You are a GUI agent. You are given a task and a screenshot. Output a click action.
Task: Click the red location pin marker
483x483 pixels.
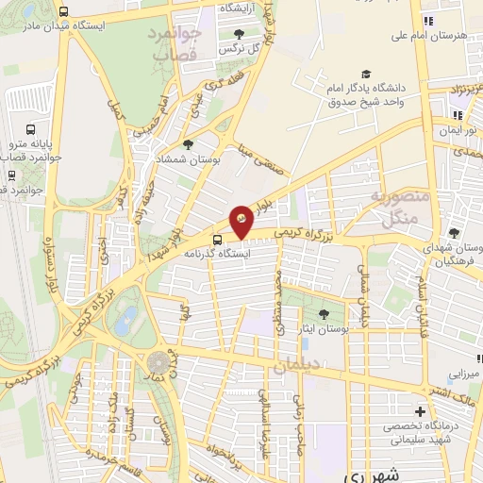tap(241, 221)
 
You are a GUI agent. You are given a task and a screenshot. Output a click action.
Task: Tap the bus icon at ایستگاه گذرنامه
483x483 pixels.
tap(219, 239)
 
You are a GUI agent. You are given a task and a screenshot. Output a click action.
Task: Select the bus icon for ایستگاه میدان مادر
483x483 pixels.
tap(63, 12)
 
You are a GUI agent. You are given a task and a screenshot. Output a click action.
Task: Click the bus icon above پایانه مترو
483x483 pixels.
tap(30, 129)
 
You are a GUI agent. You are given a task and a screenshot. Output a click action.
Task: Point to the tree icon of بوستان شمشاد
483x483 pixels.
tap(190, 144)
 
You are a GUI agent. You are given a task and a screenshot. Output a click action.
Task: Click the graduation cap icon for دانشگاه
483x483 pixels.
tap(364, 75)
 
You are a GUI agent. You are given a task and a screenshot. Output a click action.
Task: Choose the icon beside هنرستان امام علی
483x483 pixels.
tap(428, 20)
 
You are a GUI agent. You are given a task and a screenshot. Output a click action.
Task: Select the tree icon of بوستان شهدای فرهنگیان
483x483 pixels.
tap(455, 233)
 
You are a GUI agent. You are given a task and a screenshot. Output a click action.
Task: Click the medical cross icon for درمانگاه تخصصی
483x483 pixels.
tap(421, 411)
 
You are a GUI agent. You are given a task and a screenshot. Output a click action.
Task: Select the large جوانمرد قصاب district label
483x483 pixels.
tap(175, 42)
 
